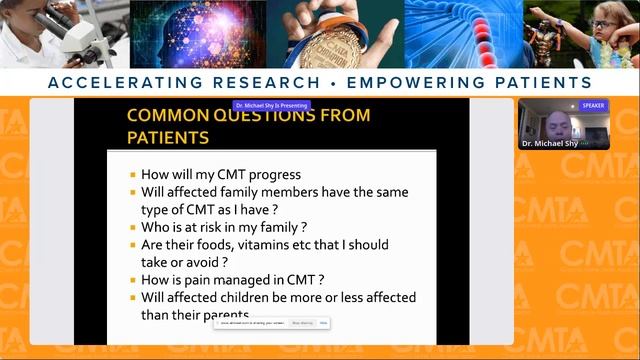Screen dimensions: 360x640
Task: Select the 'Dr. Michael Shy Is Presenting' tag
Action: (x=272, y=105)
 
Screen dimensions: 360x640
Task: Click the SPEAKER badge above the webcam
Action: (x=592, y=105)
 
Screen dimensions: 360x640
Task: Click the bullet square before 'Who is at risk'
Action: (x=133, y=228)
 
